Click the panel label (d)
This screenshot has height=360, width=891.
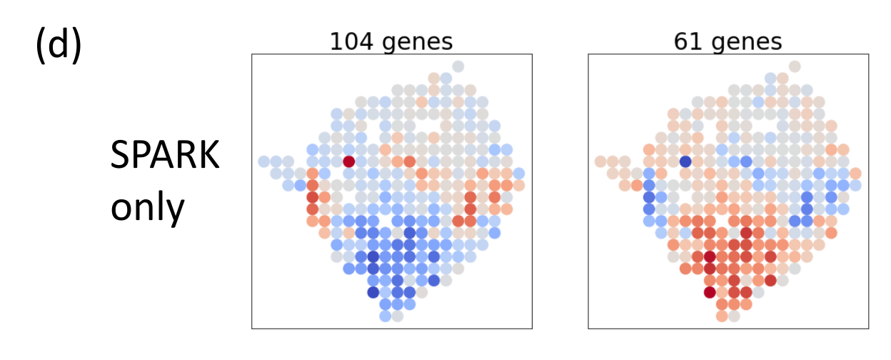pyautogui.click(x=58, y=46)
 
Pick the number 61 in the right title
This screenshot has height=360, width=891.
pyautogui.click(x=686, y=41)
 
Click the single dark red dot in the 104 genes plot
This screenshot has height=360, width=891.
pyautogui.click(x=349, y=161)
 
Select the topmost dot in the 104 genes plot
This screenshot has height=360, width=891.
pyautogui.click(x=458, y=66)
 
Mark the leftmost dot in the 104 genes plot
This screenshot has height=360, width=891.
pyautogui.click(x=264, y=161)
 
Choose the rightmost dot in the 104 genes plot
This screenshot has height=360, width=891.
pyautogui.click(x=519, y=174)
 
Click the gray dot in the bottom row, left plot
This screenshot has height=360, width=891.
pyautogui.click(x=398, y=315)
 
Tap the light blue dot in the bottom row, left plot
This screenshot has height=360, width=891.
pyautogui.click(x=386, y=315)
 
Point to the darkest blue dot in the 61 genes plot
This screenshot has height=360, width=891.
pyautogui.click(x=685, y=161)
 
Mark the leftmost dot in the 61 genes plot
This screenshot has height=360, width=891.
pyautogui.click(x=600, y=161)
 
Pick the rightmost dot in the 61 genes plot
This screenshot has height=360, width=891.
pyautogui.click(x=855, y=174)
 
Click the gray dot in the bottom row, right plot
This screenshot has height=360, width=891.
pyautogui.click(x=734, y=315)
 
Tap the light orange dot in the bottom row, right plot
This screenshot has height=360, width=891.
pyautogui.click(x=722, y=315)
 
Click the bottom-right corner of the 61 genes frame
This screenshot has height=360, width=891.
pyautogui.click(x=868, y=329)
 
